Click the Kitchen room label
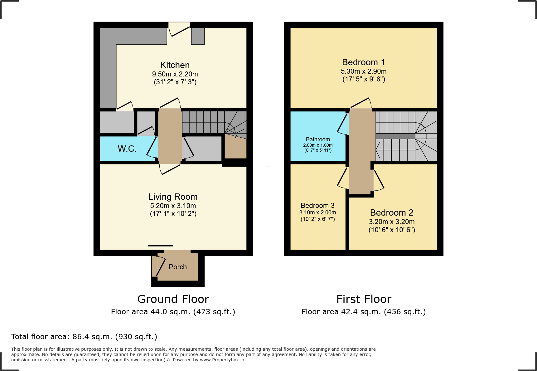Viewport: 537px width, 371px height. pyautogui.click(x=175, y=65)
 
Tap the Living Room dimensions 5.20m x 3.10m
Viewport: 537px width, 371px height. pyautogui.click(x=173, y=206)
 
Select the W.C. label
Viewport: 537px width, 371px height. pyautogui.click(x=127, y=149)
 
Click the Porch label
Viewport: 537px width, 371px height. pyautogui.click(x=177, y=267)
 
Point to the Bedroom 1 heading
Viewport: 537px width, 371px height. pyautogui.click(x=363, y=62)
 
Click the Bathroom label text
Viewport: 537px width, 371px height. pyautogui.click(x=318, y=139)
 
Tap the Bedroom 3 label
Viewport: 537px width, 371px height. pyautogui.click(x=317, y=206)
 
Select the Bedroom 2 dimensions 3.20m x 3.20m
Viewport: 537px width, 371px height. pyautogui.click(x=392, y=222)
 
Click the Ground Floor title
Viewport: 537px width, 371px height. pyautogui.click(x=173, y=299)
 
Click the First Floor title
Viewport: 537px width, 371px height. pyautogui.click(x=364, y=299)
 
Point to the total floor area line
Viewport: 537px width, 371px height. pyautogui.click(x=84, y=337)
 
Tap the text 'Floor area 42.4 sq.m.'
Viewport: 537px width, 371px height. pyautogui.click(x=341, y=312)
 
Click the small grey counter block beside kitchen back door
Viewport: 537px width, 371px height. pyautogui.click(x=198, y=36)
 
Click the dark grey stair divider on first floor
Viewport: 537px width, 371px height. pyautogui.click(x=395, y=136)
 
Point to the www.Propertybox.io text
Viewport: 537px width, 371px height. pyautogui.click(x=222, y=360)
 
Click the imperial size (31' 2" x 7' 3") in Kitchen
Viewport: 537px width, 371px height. pyautogui.click(x=175, y=82)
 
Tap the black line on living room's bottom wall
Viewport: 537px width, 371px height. pyautogui.click(x=160, y=246)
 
